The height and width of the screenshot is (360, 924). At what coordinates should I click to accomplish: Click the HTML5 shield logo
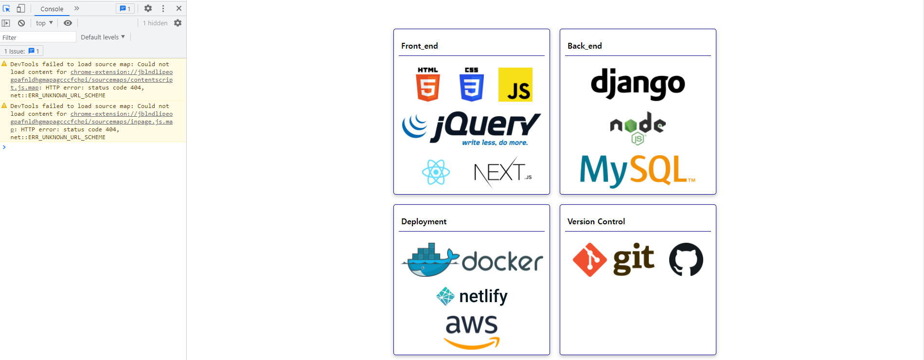[x=428, y=85]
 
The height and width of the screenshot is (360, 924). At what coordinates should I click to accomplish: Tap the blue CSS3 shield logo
[x=471, y=85]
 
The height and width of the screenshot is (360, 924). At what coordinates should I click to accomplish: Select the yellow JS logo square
[x=515, y=85]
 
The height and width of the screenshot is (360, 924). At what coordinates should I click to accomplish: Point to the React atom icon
[x=436, y=172]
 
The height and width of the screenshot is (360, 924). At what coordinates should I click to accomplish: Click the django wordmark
[x=638, y=84]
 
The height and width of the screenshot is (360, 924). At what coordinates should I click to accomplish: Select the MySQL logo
[x=638, y=171]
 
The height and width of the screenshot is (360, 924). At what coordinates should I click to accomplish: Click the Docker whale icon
[x=430, y=260]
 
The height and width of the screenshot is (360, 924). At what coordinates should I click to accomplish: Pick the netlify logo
[x=472, y=296]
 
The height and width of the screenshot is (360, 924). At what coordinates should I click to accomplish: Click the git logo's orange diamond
[x=589, y=260]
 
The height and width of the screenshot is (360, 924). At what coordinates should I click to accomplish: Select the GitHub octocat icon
[x=686, y=260]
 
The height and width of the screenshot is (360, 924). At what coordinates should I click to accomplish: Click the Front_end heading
[x=420, y=46]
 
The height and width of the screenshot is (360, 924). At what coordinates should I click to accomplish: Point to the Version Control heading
[x=596, y=221]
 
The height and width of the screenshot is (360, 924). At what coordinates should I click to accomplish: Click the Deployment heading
[x=424, y=221]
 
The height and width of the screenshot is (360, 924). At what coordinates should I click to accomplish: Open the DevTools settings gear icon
[x=148, y=8]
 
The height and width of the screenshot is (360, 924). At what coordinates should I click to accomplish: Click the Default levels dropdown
[x=103, y=37]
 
